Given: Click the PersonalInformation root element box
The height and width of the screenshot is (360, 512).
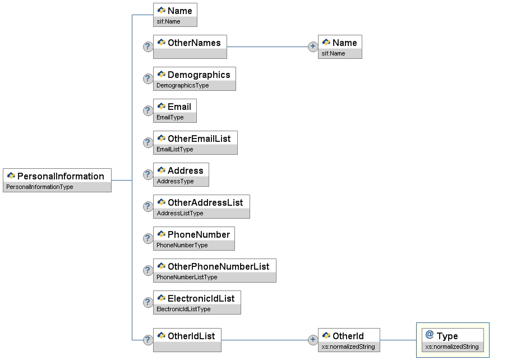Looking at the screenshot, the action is [57, 180].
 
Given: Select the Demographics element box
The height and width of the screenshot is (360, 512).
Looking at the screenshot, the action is [194, 79].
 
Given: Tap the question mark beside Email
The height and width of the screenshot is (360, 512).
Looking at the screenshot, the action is [148, 110].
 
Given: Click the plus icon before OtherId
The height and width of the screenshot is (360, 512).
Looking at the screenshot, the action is [313, 340].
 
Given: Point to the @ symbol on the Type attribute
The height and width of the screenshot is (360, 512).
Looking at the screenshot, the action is [430, 335].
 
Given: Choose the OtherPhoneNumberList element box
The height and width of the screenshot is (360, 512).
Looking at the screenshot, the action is [215, 271].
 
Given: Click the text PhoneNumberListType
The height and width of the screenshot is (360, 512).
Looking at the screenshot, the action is [187, 277].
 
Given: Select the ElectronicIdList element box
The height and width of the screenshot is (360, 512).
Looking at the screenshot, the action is [197, 303].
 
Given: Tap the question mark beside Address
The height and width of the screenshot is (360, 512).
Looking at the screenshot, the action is [148, 174].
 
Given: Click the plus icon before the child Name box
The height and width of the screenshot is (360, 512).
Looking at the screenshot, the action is [313, 47].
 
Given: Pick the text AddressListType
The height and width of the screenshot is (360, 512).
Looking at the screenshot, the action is [180, 213].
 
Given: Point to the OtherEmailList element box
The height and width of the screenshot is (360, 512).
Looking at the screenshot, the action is [195, 142].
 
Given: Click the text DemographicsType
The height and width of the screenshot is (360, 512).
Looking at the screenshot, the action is [182, 85].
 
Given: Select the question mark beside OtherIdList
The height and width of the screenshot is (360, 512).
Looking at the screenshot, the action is [148, 340].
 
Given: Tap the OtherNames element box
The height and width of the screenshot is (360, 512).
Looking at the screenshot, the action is [190, 47].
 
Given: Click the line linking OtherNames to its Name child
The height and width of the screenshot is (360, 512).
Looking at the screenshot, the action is [267, 47].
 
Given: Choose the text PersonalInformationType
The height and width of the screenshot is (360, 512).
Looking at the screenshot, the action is [39, 187].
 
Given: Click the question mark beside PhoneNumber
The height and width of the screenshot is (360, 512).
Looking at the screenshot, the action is [148, 238].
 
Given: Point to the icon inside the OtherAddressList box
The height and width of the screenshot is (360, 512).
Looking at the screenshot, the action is [162, 202].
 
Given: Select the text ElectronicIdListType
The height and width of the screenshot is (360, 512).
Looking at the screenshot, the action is [183, 309].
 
